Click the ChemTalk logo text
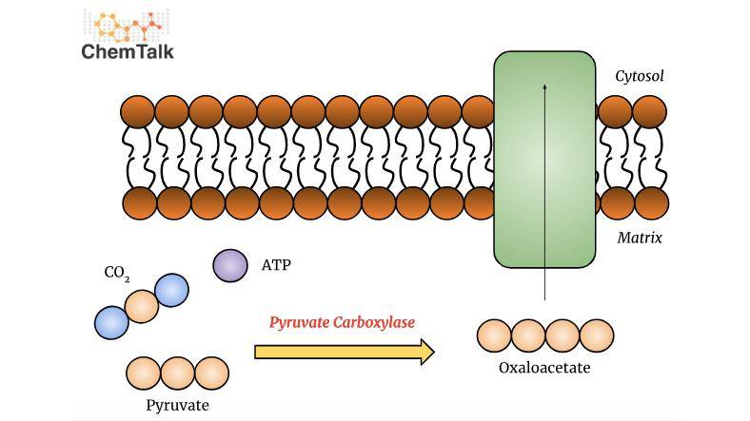tap(128, 51)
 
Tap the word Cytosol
tap(639, 75)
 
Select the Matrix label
tap(639, 238)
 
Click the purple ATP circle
tap(229, 266)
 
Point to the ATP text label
tap(276, 265)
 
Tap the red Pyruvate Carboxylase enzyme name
tap(342, 323)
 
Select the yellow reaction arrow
tap(344, 353)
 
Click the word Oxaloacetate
tap(544, 368)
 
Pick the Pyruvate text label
tap(177, 405)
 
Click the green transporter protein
tap(544, 159)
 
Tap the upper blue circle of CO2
tap(171, 290)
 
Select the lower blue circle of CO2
tap(111, 323)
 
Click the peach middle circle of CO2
tap(142, 306)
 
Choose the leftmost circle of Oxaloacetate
tap(494, 335)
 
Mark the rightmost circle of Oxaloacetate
tap(597, 335)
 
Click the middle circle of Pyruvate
tap(177, 373)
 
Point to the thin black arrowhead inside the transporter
tap(544, 87)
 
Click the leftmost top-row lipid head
tap(138, 112)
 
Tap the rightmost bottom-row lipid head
tap(651, 202)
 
